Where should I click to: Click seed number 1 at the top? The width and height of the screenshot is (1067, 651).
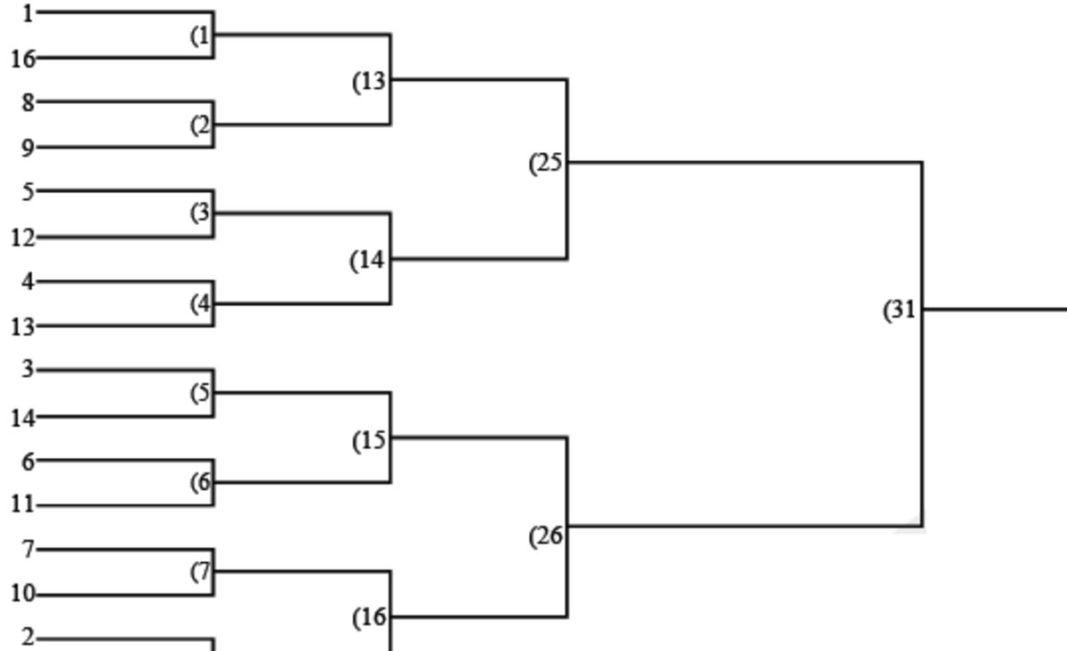click(28, 13)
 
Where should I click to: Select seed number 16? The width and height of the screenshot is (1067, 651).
click(23, 60)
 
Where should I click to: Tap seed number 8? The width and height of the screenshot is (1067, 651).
click(28, 102)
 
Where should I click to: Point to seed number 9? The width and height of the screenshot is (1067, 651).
click(28, 148)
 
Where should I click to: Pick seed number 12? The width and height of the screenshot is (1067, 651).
click(23, 237)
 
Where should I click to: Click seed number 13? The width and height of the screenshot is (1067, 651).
click(23, 327)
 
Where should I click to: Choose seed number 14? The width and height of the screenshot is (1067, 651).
click(23, 417)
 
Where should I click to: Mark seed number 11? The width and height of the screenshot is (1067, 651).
click(23, 505)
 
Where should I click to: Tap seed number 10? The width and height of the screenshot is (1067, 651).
click(23, 594)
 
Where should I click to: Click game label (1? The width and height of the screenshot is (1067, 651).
click(202, 36)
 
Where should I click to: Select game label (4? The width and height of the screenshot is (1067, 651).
click(202, 304)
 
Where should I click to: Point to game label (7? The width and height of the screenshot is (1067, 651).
click(202, 572)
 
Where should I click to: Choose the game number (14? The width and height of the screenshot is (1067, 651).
click(369, 261)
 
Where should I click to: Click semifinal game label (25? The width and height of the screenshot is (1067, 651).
click(547, 164)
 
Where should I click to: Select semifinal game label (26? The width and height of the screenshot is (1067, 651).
click(547, 536)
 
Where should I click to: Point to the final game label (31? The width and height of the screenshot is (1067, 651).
click(901, 310)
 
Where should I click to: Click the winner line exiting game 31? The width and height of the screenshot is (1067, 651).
click(996, 309)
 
